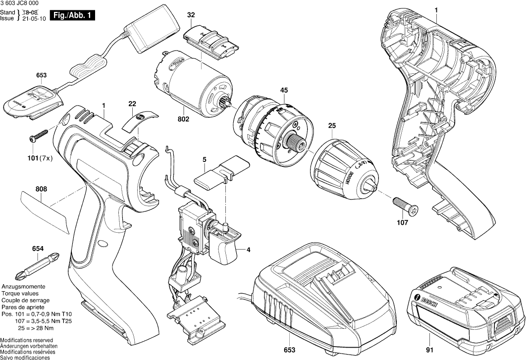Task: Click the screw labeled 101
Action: pyautogui.click(x=38, y=134)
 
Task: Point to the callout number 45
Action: pyautogui.click(x=284, y=90)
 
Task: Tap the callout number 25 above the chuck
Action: pyautogui.click(x=331, y=127)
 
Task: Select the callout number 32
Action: pyautogui.click(x=191, y=15)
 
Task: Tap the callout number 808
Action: pyautogui.click(x=41, y=188)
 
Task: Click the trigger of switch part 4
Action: pyautogui.click(x=225, y=250)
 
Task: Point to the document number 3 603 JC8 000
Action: pyautogui.click(x=20, y=3)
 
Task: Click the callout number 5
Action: pyautogui.click(x=204, y=159)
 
